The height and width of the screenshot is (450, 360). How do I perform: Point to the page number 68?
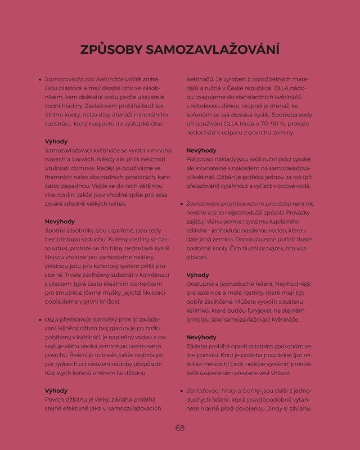coord(179,427)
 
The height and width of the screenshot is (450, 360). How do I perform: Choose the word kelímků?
coord(201,310)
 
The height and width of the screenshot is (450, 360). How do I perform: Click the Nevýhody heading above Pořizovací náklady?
coord(201,150)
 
